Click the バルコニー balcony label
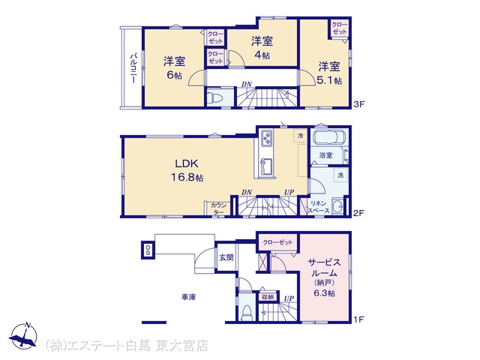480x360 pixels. [133, 68]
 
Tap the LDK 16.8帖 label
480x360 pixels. [187, 170]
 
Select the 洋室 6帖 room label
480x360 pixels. [174, 67]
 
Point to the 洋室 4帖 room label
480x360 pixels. [262, 47]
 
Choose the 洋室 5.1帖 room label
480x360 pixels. [329, 73]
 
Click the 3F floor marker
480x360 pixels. [360, 104]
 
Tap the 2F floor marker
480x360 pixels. [359, 213]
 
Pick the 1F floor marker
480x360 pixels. [358, 319]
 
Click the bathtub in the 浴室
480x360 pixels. [330, 136]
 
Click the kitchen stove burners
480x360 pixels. [266, 138]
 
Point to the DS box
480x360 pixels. [148, 250]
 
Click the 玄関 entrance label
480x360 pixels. [226, 257]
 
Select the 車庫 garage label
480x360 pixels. [189, 297]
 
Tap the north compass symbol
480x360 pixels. [24, 335]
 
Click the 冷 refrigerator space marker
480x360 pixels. [301, 135]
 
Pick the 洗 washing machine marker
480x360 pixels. [340, 175]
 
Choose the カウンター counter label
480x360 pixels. [218, 208]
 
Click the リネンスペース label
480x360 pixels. [318, 207]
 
